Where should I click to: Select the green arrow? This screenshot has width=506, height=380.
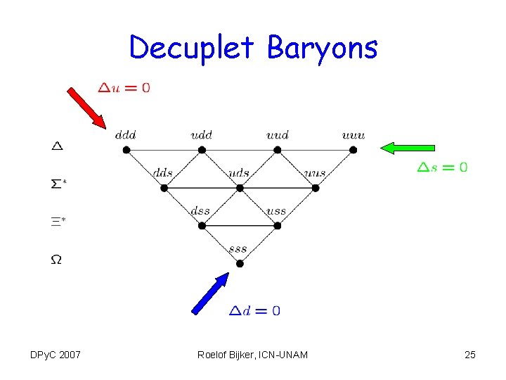pos(408,148)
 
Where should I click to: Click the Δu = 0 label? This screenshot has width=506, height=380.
pos(124,88)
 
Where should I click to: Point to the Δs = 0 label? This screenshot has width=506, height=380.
pos(442,167)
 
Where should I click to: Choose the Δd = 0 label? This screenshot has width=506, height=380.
pos(254,310)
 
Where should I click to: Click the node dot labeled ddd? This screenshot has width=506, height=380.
pos(126,150)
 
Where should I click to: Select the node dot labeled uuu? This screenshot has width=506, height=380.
pos(353,150)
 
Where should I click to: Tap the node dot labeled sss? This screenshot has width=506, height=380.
pos(240,263)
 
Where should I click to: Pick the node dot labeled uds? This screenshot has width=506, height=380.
pos(240,188)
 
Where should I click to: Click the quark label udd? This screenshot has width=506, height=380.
pos(201,134)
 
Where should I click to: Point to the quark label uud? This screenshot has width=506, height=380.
pos(277,134)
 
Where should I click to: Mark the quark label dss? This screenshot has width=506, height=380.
pos(200,210)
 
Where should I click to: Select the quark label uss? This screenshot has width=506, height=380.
pos(276,210)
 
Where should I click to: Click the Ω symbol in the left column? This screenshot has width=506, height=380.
pos(56,260)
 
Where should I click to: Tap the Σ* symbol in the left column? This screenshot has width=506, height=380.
pos(59,184)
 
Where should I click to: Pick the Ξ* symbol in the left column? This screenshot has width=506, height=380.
pos(58,222)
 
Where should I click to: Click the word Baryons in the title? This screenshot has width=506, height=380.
pos(322,48)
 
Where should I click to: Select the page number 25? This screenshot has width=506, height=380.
pos(470,355)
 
